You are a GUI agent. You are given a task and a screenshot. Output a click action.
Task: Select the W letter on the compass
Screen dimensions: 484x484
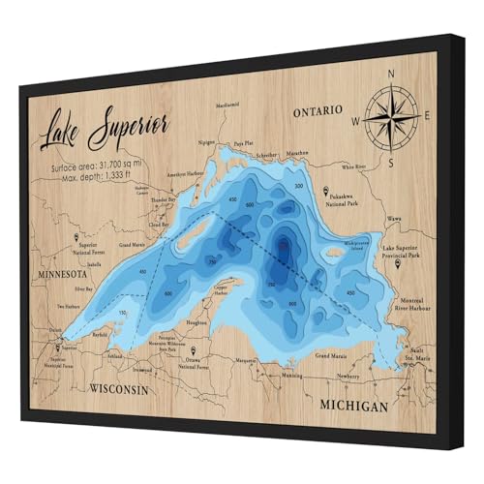pos(355,122)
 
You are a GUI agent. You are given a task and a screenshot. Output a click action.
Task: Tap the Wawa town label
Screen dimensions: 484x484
pos(392,220)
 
